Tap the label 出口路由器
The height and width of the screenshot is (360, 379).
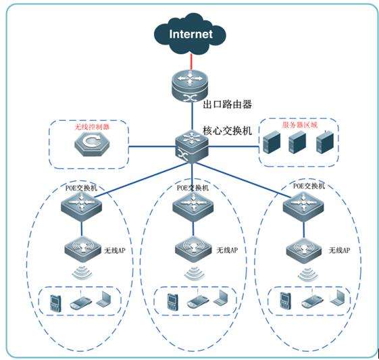[228, 105]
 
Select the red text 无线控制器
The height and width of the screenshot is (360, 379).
[91, 126]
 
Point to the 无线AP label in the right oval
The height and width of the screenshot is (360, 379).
[339, 251]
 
